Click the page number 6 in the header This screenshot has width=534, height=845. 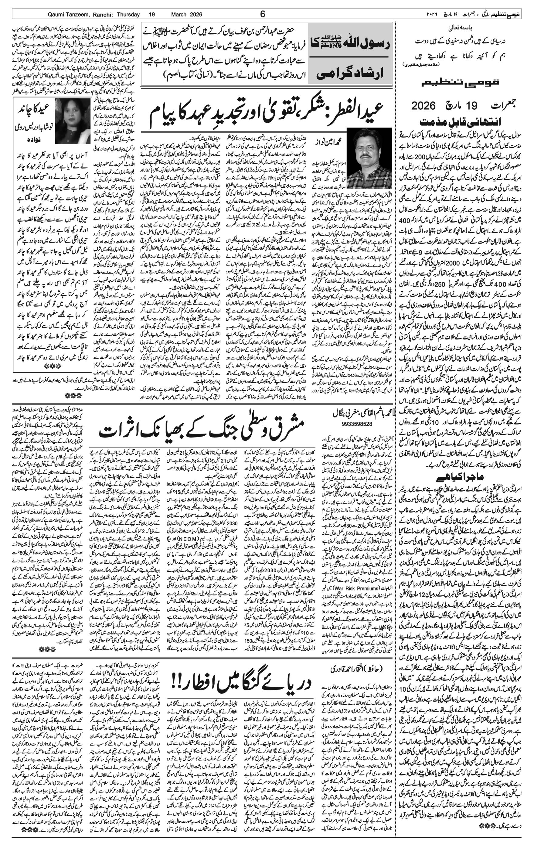point(263,14)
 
